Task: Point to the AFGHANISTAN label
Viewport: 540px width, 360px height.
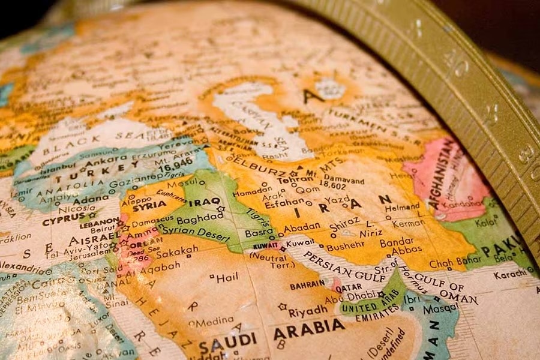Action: pyautogui.click(x=443, y=173)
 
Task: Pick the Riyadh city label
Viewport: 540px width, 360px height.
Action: pyautogui.click(x=308, y=312)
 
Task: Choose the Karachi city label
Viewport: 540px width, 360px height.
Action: pyautogui.click(x=511, y=275)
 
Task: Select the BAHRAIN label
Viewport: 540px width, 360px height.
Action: pyautogui.click(x=307, y=286)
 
